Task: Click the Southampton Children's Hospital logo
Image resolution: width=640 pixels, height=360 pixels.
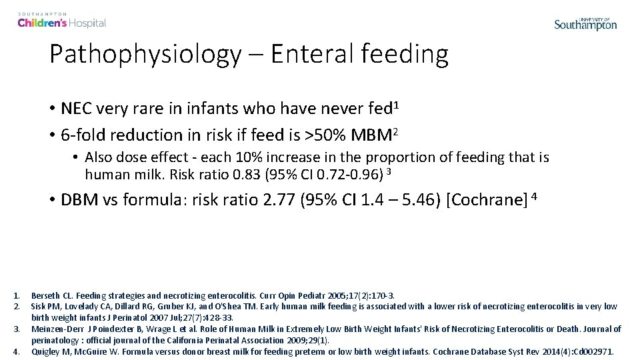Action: point(61,21)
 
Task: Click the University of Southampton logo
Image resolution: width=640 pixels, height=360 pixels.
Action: point(585,24)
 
